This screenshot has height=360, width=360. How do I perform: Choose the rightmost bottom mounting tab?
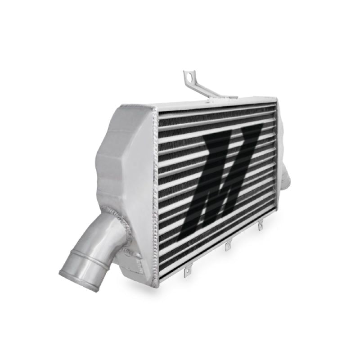click(x=260, y=225)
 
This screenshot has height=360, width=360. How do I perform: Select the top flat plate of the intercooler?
click(x=216, y=102)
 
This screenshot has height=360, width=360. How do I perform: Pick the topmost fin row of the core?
click(x=216, y=111)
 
